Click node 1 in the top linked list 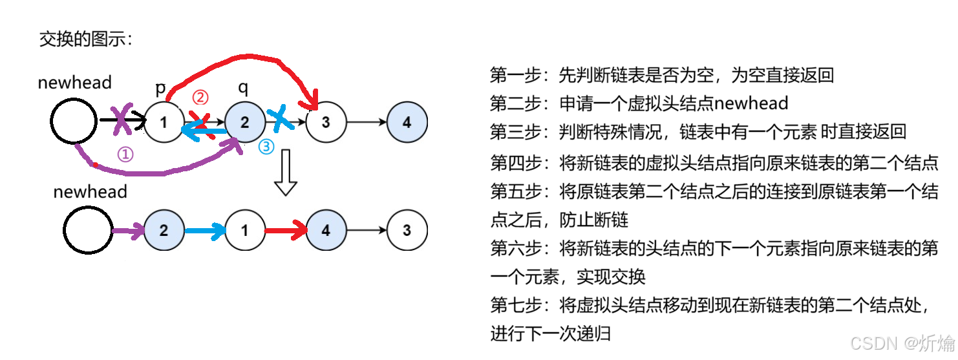[x=164, y=122]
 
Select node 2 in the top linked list [x=245, y=122]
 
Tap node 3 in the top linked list [x=326, y=122]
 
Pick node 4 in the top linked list [x=407, y=122]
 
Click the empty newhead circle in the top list [x=74, y=122]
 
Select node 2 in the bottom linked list [x=164, y=230]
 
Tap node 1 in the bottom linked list [x=245, y=230]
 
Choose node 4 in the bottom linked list [x=326, y=230]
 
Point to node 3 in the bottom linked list [x=407, y=230]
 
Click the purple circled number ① [x=125, y=154]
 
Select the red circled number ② [x=200, y=97]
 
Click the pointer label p [x=161, y=88]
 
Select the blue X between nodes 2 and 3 [x=282, y=118]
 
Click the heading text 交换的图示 [x=85, y=39]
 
